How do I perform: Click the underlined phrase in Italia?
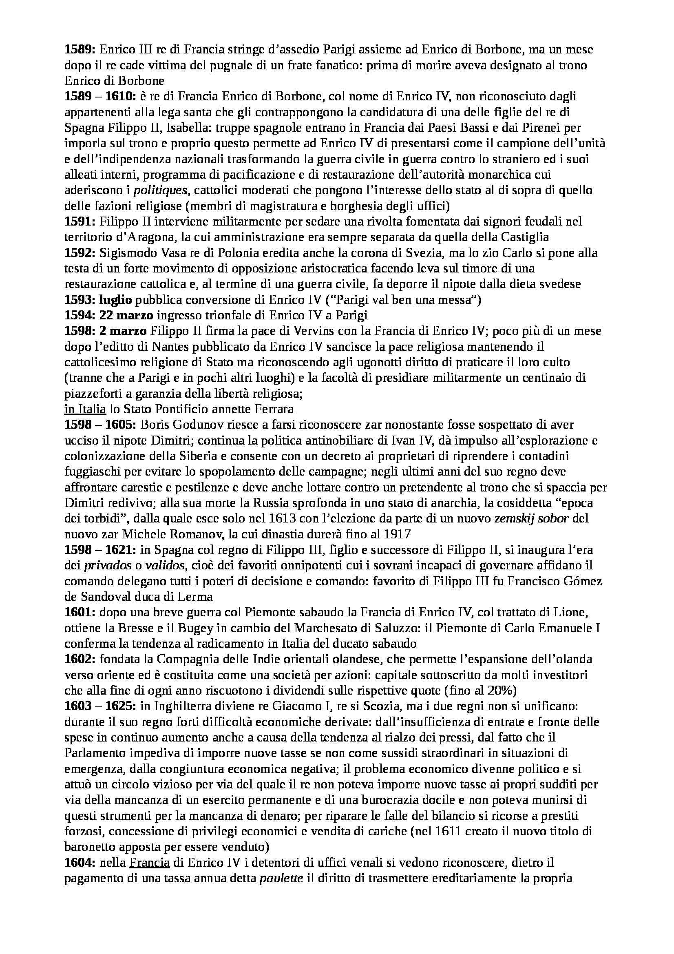[x=85, y=409]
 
